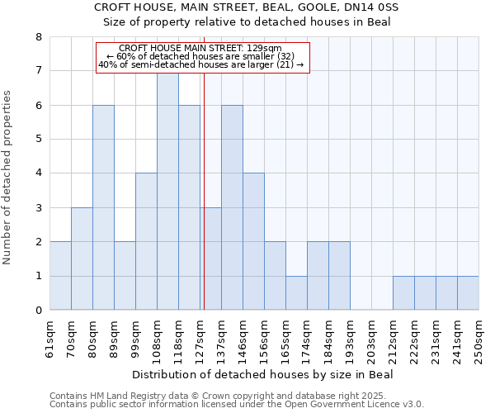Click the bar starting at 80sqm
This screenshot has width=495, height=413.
tap(103, 207)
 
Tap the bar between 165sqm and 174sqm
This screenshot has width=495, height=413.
tap(296, 292)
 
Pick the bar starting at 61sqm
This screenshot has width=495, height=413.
tap(60, 276)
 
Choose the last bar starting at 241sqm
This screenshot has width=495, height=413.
tap(468, 292)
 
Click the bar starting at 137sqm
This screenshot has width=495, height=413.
tap(232, 207)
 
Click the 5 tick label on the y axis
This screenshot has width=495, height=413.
tap(38, 140)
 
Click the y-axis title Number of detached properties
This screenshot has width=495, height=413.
tap(8, 178)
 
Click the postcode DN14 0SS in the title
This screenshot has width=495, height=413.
tap(370, 7)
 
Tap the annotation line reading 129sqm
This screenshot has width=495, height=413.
tap(201, 48)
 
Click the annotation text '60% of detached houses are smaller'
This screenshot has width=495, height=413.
tap(201, 56)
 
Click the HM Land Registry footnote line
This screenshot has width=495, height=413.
tap(212, 396)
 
